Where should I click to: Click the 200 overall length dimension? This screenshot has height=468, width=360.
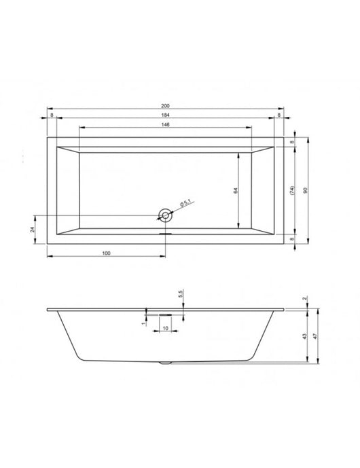click(x=165, y=105)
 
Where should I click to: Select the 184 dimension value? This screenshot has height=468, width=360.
click(x=165, y=115)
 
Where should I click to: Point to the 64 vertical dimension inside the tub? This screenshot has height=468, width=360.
click(x=234, y=190)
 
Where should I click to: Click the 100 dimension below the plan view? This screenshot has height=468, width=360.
click(x=107, y=253)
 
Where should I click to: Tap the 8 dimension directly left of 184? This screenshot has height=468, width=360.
click(x=52, y=115)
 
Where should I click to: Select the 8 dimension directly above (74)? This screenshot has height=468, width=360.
click(x=291, y=142)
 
